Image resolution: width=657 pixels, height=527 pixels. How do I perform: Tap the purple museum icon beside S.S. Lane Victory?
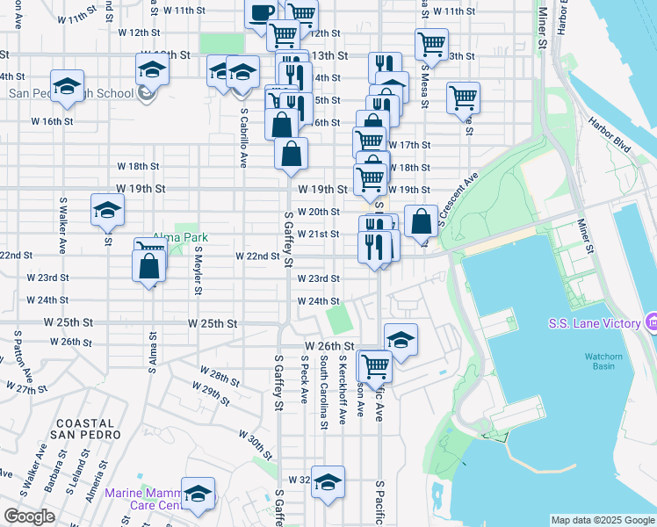[x=651, y=323]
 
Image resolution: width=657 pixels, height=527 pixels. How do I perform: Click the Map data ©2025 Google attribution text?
[x=603, y=520]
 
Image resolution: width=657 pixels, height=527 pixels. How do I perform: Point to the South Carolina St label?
[x=324, y=392]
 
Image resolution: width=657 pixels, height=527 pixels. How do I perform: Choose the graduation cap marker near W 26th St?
[x=401, y=339]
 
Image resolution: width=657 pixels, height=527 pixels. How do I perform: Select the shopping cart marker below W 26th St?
[x=375, y=365]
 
